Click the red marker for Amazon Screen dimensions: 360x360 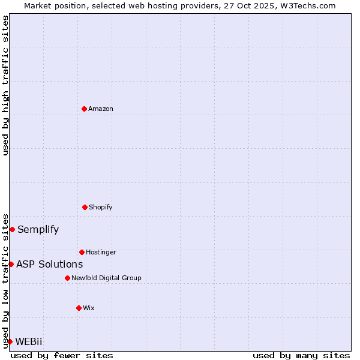pos(84,109)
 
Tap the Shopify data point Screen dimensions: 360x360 pos(85,207)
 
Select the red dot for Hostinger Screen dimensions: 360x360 pos(82,252)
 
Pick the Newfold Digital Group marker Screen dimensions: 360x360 pos(67,278)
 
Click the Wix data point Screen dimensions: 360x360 pos(79,308)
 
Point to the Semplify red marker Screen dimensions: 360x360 pos(12,229)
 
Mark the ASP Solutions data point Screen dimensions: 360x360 pos(11,264)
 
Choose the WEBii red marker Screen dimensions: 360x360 pos(10,341)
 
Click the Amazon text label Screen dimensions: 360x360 pos(101,109)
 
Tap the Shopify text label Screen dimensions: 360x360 pos(101,207)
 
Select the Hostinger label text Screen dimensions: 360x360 pos(101,252)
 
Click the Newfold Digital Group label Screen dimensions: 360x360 pos(106,278)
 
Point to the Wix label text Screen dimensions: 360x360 pos(89,308)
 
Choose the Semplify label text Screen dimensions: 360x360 pos(38,229)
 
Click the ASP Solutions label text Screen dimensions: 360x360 pos(50,264)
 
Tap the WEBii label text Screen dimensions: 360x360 pos(29,341)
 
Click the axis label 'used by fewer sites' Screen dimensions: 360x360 pos(62,355)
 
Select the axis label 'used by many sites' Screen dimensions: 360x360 pos(301,355)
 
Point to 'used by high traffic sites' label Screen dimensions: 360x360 pos(5,85)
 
